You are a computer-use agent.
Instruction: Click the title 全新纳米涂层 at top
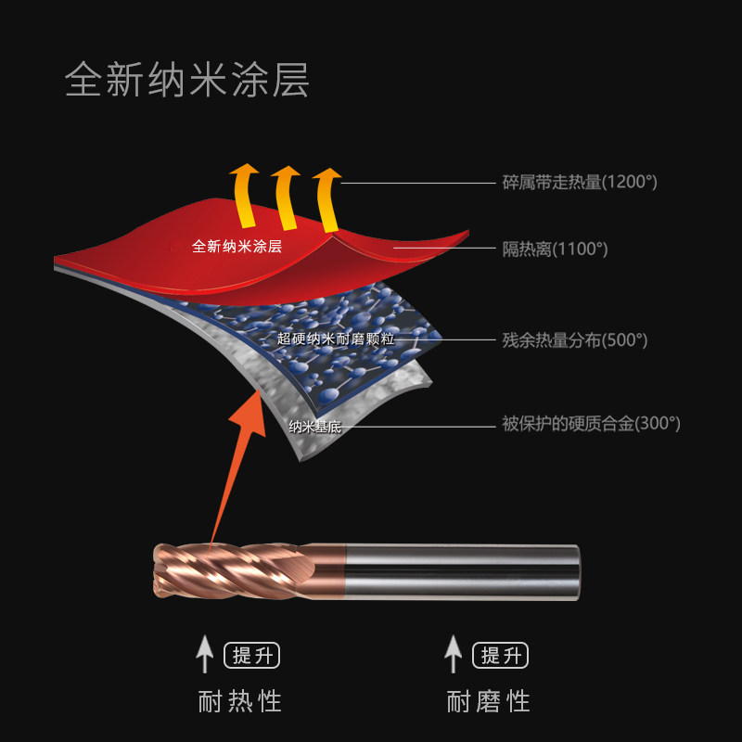click(186, 82)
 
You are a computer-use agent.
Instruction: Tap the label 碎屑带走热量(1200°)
click(580, 182)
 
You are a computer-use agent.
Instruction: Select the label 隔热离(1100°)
click(555, 249)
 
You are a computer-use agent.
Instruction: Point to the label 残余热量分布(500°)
click(575, 339)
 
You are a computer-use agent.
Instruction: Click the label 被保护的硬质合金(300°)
click(591, 424)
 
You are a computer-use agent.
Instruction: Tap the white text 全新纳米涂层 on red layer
click(237, 247)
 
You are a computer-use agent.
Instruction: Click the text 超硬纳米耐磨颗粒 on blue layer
click(336, 339)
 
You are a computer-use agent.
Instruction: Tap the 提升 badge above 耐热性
click(251, 656)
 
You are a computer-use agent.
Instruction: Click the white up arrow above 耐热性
click(205, 654)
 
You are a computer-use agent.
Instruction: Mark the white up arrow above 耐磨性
click(453, 654)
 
